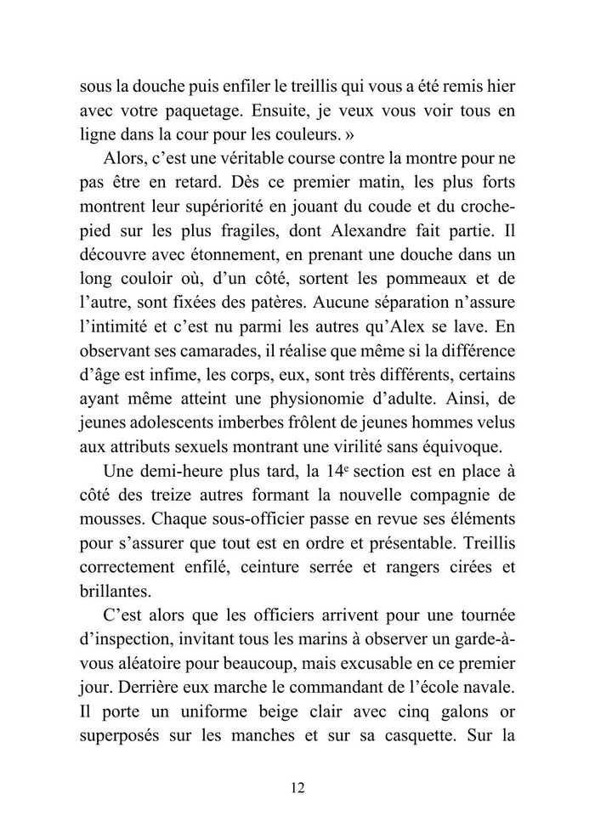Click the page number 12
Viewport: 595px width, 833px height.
pyautogui.click(x=297, y=787)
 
